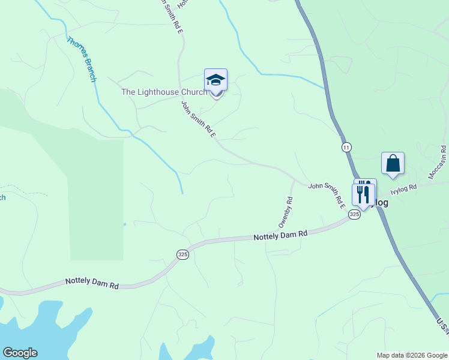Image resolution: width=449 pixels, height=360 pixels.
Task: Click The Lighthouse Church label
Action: pos(164,92)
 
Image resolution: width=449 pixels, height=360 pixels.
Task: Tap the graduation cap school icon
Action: pos(215,79)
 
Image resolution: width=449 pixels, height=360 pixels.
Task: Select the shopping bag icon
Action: pos(393,163)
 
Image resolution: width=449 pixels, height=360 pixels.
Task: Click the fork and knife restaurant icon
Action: pos(363,193)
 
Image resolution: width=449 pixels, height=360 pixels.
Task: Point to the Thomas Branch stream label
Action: pos(81,59)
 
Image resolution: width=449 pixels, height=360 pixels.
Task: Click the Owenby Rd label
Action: pos(286,212)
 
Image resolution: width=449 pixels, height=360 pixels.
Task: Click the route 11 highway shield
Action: pos(346,147)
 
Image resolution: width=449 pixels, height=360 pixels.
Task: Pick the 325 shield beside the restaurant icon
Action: pos(354,214)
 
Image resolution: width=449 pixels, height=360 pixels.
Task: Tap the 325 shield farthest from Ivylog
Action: pos(182,255)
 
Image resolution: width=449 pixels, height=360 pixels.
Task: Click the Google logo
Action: pos(20,353)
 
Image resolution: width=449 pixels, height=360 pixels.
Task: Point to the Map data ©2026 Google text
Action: pos(411,355)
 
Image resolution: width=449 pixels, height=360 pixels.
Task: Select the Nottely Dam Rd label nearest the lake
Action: pos(92,283)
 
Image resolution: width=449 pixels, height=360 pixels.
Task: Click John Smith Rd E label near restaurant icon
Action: pos(327,196)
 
